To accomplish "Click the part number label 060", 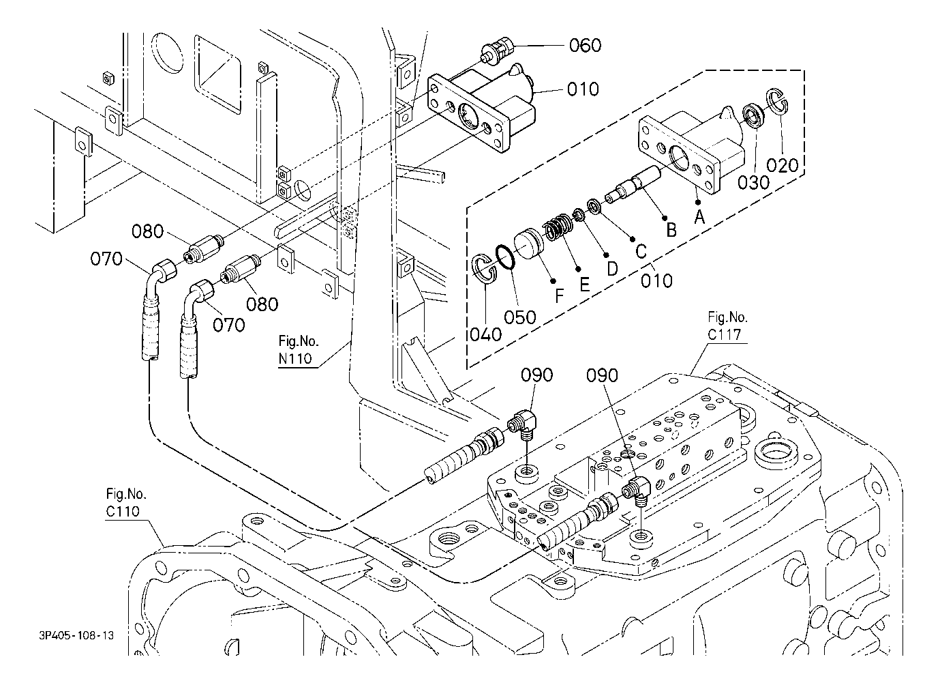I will click(585, 46).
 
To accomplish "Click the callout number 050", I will click(520, 317).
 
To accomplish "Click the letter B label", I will click(671, 230).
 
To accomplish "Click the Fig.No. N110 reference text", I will click(299, 351).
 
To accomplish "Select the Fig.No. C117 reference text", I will click(727, 326).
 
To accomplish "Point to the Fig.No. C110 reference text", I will click(126, 502).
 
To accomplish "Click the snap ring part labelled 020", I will click(778, 100).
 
